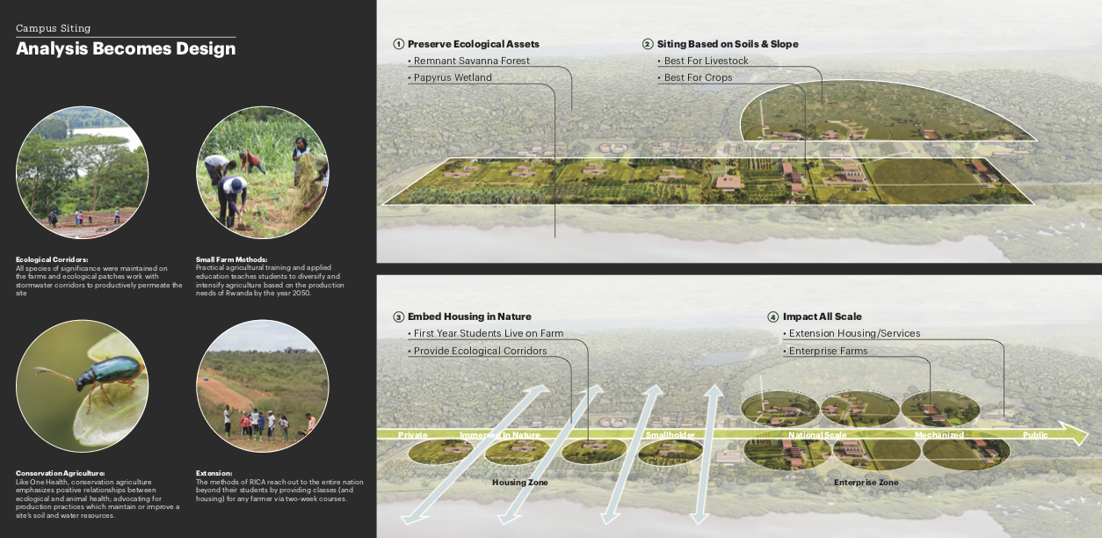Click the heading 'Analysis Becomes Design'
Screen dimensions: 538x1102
[x=126, y=49]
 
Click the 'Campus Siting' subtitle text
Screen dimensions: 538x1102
[x=53, y=28]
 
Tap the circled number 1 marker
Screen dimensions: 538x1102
[x=398, y=44]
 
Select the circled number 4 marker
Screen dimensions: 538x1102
[x=773, y=316]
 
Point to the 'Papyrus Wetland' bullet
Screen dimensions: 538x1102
[x=453, y=77]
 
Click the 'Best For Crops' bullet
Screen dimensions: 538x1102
[x=698, y=77]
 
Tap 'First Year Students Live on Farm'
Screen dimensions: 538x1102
[x=489, y=334]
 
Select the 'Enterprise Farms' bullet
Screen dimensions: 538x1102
[x=828, y=351]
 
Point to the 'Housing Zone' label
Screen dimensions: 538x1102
[x=521, y=483]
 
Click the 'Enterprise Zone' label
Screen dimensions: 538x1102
[x=866, y=483]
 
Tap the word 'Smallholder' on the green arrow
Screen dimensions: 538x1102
[x=671, y=435]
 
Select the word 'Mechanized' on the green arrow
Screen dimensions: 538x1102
[x=939, y=435]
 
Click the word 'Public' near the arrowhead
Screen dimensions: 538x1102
[x=1035, y=435]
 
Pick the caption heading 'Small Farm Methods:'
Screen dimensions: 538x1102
[x=231, y=259]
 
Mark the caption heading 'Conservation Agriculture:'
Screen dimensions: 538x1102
[x=61, y=473]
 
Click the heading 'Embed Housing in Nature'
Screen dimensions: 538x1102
[x=469, y=316]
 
